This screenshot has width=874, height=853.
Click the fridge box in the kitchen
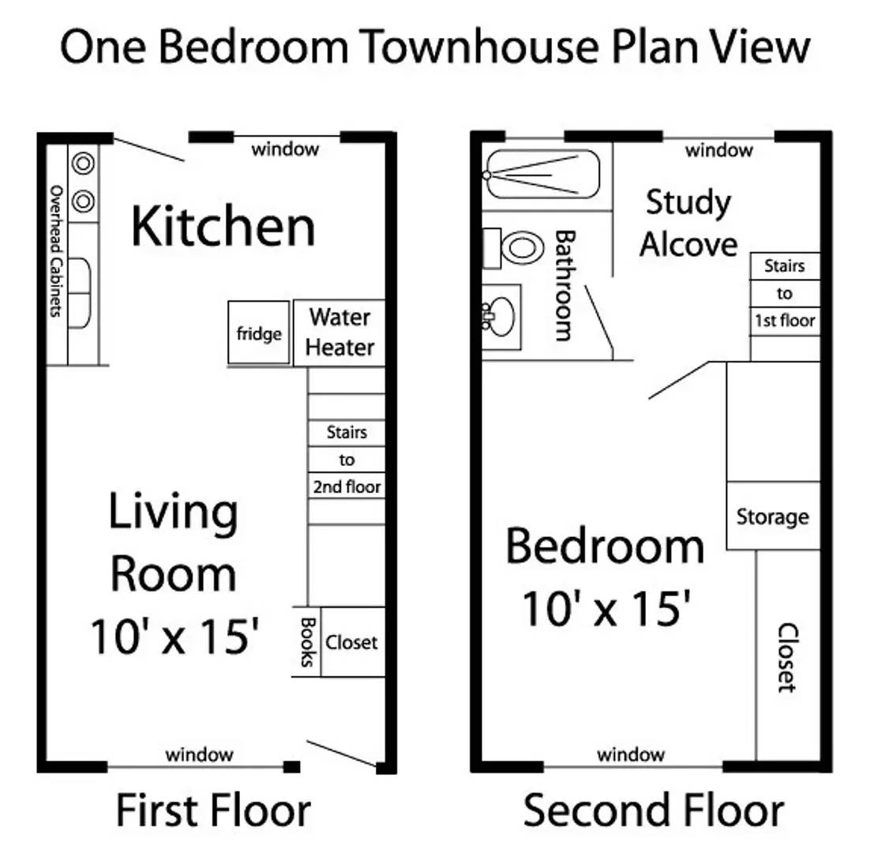click(x=259, y=333)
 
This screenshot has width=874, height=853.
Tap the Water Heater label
click(x=339, y=332)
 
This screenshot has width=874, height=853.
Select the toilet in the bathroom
click(x=519, y=248)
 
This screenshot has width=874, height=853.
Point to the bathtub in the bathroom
click(x=543, y=175)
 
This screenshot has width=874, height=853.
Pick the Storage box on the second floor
click(x=772, y=517)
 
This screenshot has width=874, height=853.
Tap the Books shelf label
click(x=308, y=642)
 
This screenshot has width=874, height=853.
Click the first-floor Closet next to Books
click(x=352, y=642)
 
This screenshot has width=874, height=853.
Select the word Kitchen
click(x=223, y=227)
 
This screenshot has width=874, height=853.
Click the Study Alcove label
click(x=688, y=223)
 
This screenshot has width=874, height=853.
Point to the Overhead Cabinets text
click(x=55, y=251)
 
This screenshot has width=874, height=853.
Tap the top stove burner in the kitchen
click(x=83, y=164)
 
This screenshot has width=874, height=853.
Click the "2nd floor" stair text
click(x=347, y=487)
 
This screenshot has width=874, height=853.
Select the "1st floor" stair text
click(x=784, y=321)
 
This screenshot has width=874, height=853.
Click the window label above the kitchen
click(x=285, y=148)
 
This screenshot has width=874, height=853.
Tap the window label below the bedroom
click(x=631, y=754)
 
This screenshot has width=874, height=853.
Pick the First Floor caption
click(x=213, y=811)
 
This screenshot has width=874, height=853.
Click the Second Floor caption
click(x=654, y=811)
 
